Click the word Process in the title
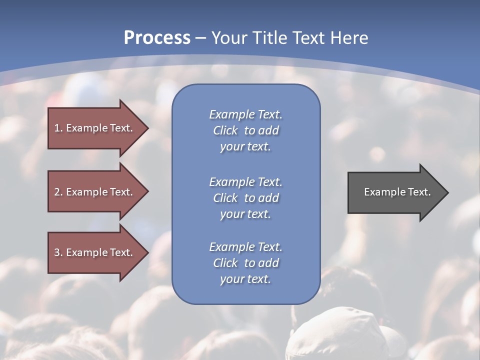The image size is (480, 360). click(x=157, y=38)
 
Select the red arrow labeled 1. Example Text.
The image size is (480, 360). click(x=93, y=128)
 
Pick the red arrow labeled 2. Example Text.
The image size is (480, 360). click(x=93, y=192)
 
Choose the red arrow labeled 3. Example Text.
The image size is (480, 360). click(x=93, y=252)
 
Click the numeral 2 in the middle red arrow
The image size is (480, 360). click(x=57, y=192)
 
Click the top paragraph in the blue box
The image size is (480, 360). click(x=245, y=130)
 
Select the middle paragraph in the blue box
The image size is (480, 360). click(x=245, y=198)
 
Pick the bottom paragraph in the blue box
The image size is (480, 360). click(x=245, y=263)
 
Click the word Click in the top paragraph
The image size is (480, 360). click(x=225, y=131)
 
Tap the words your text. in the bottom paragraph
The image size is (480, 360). click(x=245, y=279)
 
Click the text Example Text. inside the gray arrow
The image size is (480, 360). click(x=397, y=192)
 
